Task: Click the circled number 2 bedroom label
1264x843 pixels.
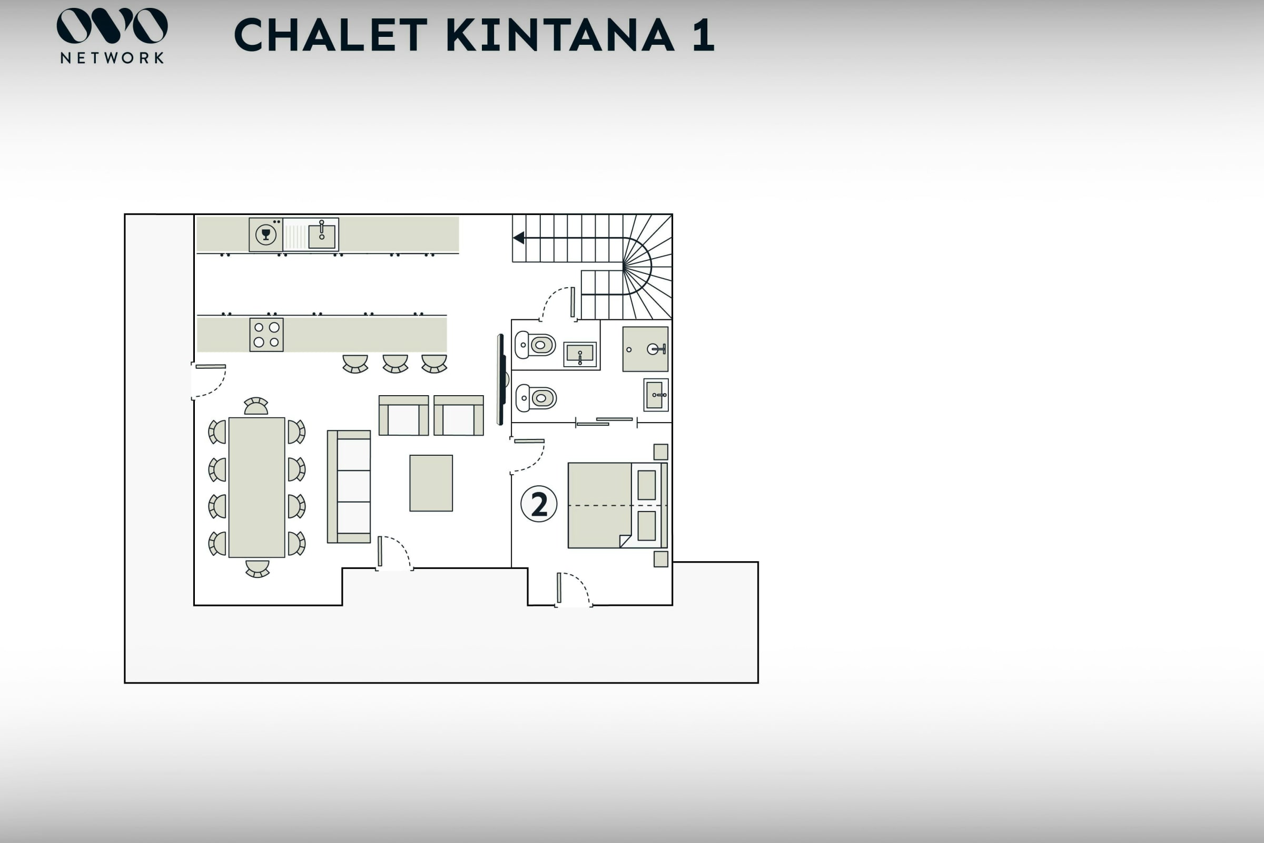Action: (x=538, y=504)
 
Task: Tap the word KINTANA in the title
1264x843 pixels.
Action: (x=560, y=35)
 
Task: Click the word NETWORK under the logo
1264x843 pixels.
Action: (x=112, y=58)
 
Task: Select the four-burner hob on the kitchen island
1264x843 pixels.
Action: (x=266, y=335)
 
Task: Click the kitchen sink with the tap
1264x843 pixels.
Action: (x=322, y=235)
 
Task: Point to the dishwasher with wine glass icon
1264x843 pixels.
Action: (x=266, y=234)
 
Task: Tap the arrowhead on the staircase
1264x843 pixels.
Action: (x=519, y=238)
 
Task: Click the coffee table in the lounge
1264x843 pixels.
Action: (x=431, y=483)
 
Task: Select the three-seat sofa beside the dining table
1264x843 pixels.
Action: (x=349, y=486)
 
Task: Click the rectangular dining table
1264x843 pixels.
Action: (x=257, y=487)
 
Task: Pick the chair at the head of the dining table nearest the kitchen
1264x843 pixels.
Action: (x=256, y=406)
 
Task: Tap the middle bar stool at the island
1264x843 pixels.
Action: (x=396, y=364)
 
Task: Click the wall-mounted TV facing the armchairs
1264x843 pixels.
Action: (x=501, y=379)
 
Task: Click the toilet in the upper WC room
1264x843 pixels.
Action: (x=535, y=345)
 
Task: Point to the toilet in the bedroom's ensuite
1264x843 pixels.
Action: (x=536, y=398)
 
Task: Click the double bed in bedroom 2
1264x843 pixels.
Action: (x=617, y=505)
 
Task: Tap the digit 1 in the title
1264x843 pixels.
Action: (x=704, y=35)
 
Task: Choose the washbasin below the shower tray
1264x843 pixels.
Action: (x=656, y=395)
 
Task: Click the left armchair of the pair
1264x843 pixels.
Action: (x=403, y=416)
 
